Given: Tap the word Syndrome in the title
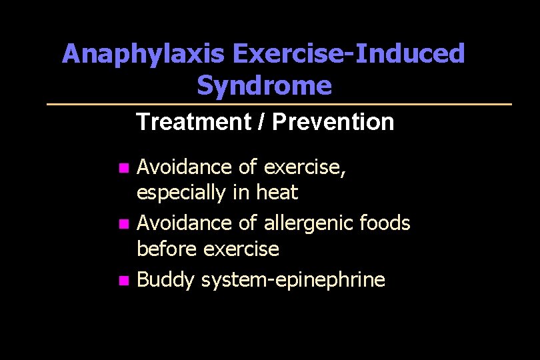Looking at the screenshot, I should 264,85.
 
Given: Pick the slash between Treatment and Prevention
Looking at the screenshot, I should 258,122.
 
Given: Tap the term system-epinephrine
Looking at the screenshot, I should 293,280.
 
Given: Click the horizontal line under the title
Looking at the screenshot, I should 279,104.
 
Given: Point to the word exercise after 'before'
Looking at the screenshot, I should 241,249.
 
